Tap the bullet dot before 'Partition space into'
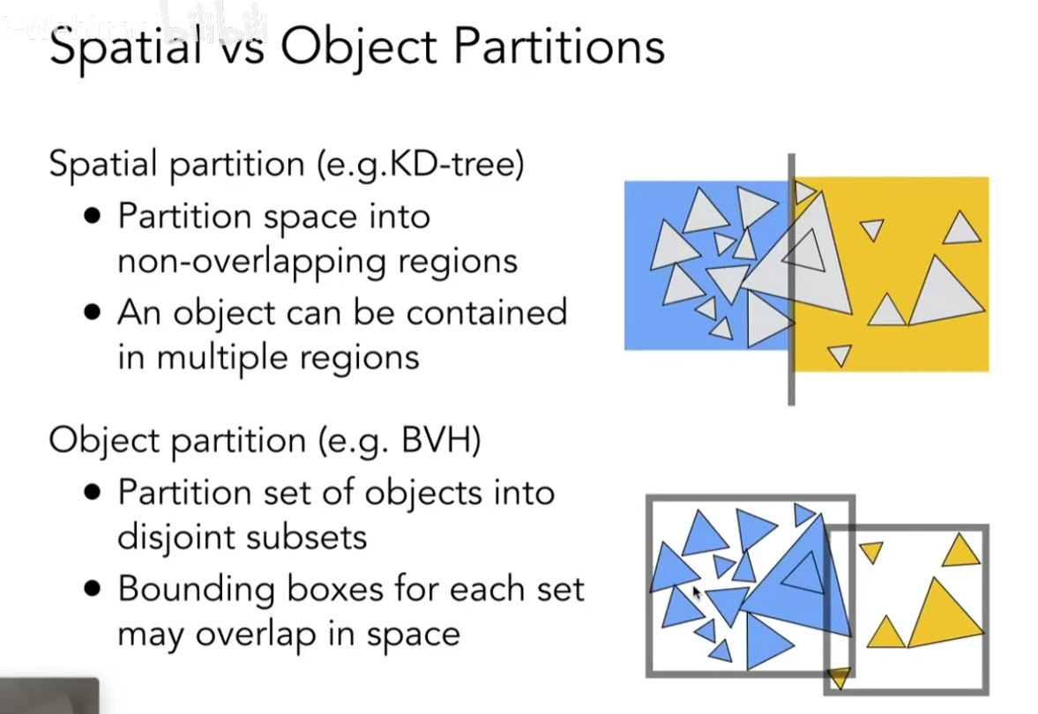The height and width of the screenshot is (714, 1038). coord(93,217)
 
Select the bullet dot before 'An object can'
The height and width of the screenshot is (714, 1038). coord(93,313)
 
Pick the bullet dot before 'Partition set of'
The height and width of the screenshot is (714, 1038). coord(93,492)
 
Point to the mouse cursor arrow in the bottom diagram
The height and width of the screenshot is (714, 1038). coord(697,592)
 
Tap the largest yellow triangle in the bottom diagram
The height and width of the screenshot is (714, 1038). coord(943,614)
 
